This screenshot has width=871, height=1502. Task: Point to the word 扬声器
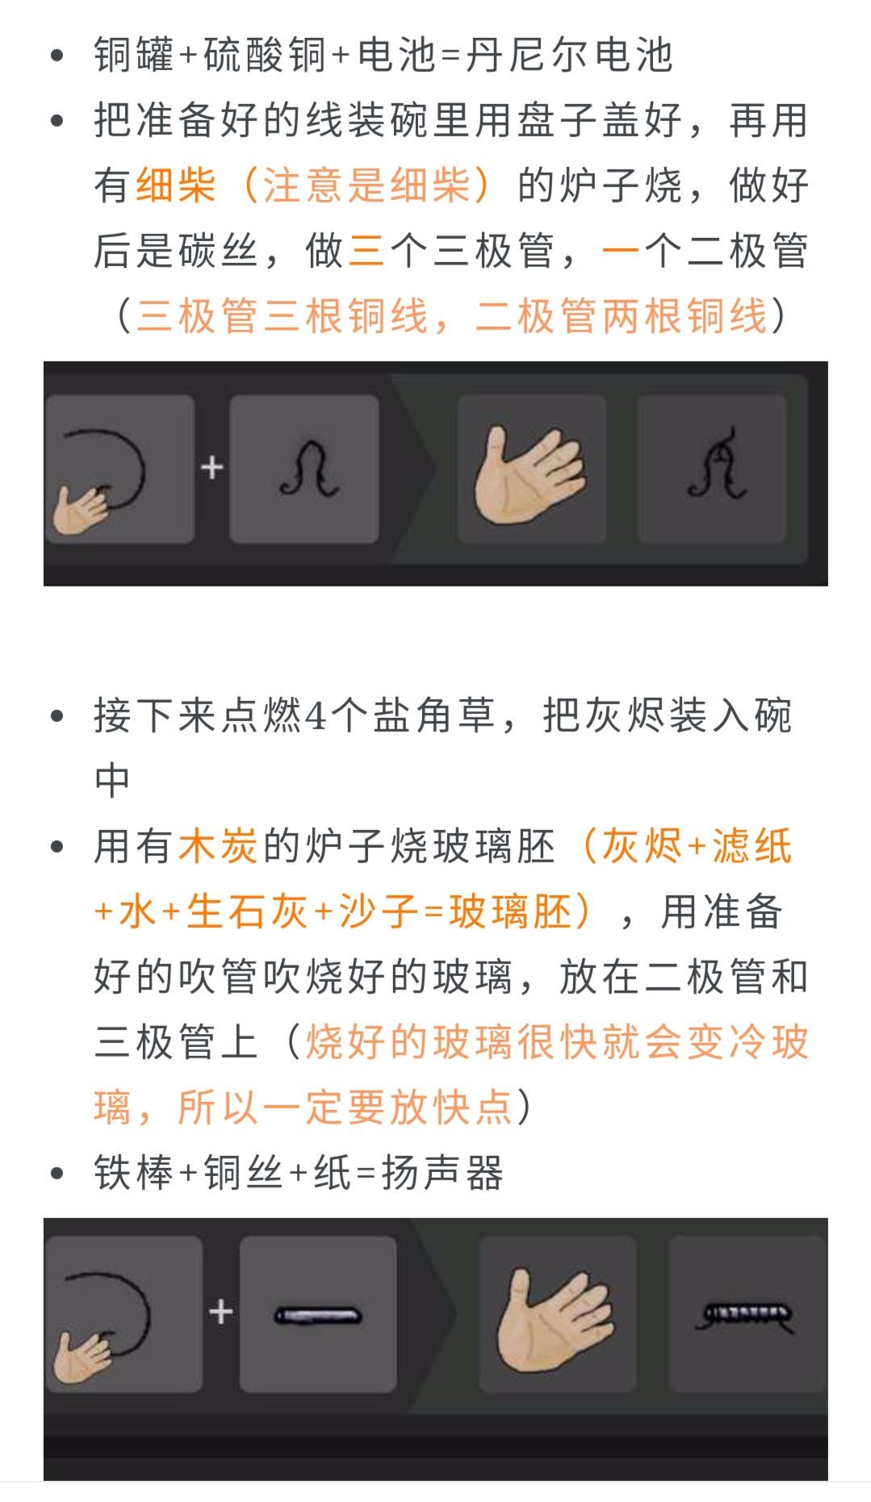click(443, 1173)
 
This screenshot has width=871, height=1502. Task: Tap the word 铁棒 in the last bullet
click(134, 1173)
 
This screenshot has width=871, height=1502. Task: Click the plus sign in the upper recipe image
click(211, 468)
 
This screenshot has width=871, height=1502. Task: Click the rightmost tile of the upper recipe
click(712, 469)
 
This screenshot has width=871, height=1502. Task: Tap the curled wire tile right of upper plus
click(304, 469)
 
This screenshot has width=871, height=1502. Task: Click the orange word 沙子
click(378, 912)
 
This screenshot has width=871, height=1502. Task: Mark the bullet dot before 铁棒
click(57, 1174)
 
